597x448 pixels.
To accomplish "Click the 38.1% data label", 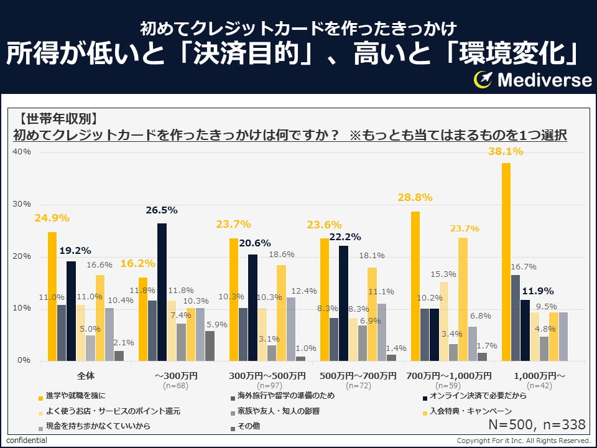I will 506,151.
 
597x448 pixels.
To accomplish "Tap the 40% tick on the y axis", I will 22,152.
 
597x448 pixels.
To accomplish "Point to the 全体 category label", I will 85,376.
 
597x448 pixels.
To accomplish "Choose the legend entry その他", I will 249,427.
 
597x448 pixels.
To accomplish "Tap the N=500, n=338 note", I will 537,425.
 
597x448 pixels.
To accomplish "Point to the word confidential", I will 27,441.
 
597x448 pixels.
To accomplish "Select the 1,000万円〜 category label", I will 539,376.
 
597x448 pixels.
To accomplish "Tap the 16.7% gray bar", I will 515,317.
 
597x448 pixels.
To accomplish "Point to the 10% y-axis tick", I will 22,309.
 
